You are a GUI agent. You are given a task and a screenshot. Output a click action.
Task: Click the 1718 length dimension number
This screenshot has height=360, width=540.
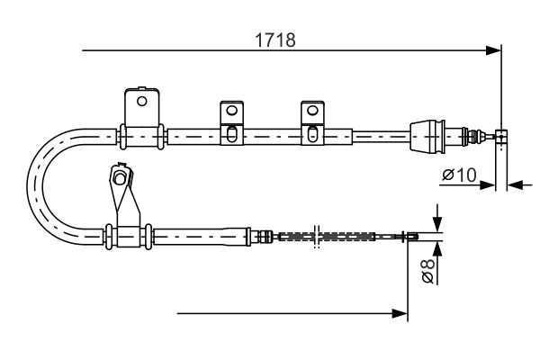tap(275, 40)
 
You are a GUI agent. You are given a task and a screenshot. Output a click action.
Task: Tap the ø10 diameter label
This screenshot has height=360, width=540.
tap(459, 175)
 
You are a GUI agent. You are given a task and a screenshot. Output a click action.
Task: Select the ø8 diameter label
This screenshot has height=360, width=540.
tap(428, 271)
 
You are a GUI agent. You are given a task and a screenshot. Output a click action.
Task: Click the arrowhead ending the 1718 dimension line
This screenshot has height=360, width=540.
tap(493, 50)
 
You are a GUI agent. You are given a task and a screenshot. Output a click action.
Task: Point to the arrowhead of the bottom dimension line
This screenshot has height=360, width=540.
tap(400, 313)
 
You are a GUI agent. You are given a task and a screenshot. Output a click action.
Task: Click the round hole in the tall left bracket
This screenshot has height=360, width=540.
tap(141, 102)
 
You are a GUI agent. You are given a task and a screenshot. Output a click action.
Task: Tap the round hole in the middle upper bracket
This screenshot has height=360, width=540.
tap(232, 111)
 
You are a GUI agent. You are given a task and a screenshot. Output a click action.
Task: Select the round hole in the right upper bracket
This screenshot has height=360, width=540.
tap(312, 111)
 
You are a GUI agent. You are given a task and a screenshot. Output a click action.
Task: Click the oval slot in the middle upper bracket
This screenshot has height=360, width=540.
tap(232, 134)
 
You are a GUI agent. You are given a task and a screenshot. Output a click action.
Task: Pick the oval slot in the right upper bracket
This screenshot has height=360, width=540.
tap(312, 134)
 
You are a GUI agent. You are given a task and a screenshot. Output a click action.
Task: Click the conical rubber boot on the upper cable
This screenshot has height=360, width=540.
tap(427, 136)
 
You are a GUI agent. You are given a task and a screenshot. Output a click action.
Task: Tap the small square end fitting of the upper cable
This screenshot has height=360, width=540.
tap(501, 136)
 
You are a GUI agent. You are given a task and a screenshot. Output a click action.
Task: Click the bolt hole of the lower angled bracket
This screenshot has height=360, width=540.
tap(120, 178)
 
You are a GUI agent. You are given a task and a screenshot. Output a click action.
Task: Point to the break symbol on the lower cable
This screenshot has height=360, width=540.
tap(317, 237)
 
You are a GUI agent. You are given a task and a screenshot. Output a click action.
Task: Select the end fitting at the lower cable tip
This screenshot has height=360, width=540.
tap(412, 237)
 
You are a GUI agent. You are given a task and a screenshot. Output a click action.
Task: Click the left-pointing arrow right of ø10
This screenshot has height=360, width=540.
tap(515, 185)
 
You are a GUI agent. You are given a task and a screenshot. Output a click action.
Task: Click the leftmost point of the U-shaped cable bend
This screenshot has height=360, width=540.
tap(27, 186)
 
